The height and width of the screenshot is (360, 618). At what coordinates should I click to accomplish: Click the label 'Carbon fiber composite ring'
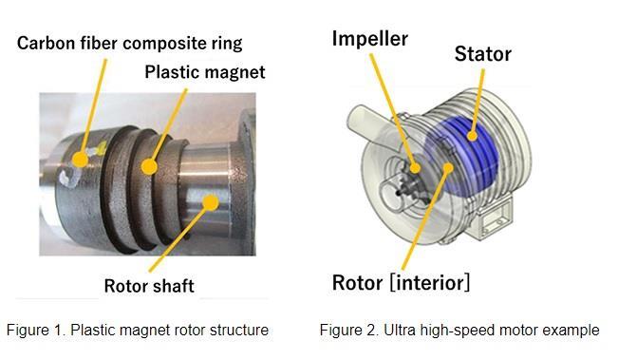[x=129, y=43]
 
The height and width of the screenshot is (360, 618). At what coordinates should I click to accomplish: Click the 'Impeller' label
[x=371, y=39]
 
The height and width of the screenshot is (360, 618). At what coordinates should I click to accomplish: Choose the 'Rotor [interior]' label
[x=401, y=282]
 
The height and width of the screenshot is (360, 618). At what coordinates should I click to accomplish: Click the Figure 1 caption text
[x=137, y=331]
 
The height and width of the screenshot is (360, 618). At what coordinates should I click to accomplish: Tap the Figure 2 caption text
[x=459, y=331]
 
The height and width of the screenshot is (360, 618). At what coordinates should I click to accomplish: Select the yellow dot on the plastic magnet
[x=148, y=168]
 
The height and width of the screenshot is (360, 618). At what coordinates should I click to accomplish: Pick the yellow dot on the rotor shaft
[x=211, y=200]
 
